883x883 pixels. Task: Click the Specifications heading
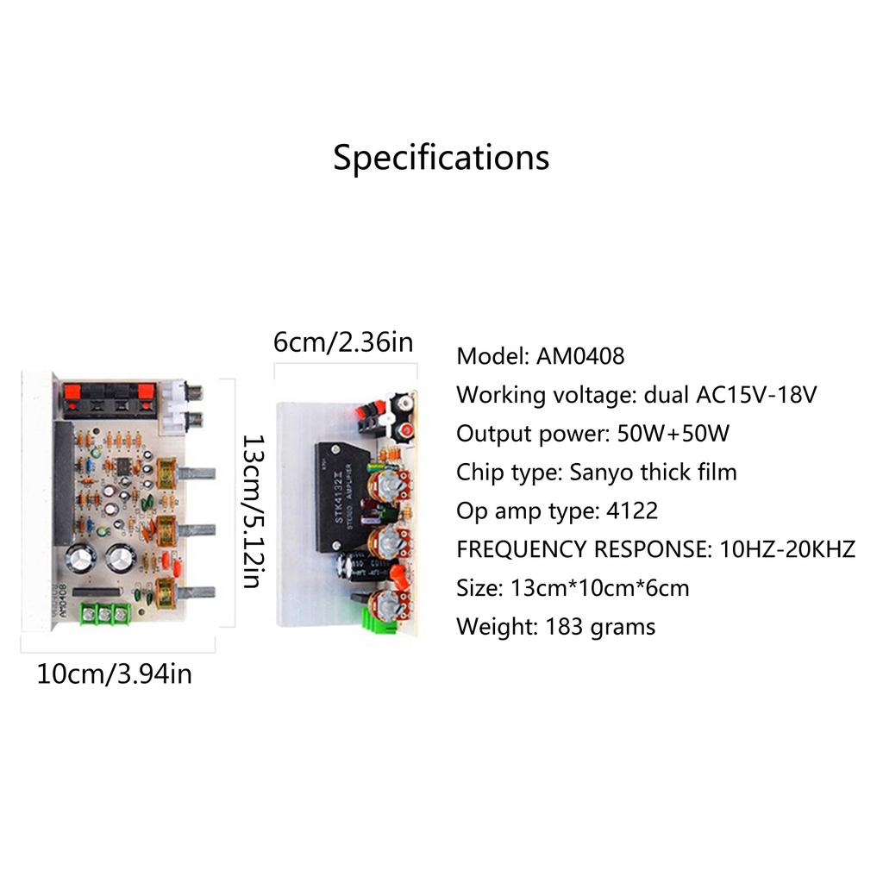441,159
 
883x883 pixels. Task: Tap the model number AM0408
580,356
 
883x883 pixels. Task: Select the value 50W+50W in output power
673,434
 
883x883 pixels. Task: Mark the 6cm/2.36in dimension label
343,342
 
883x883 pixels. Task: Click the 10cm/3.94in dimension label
114,673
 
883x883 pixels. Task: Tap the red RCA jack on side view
402,429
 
